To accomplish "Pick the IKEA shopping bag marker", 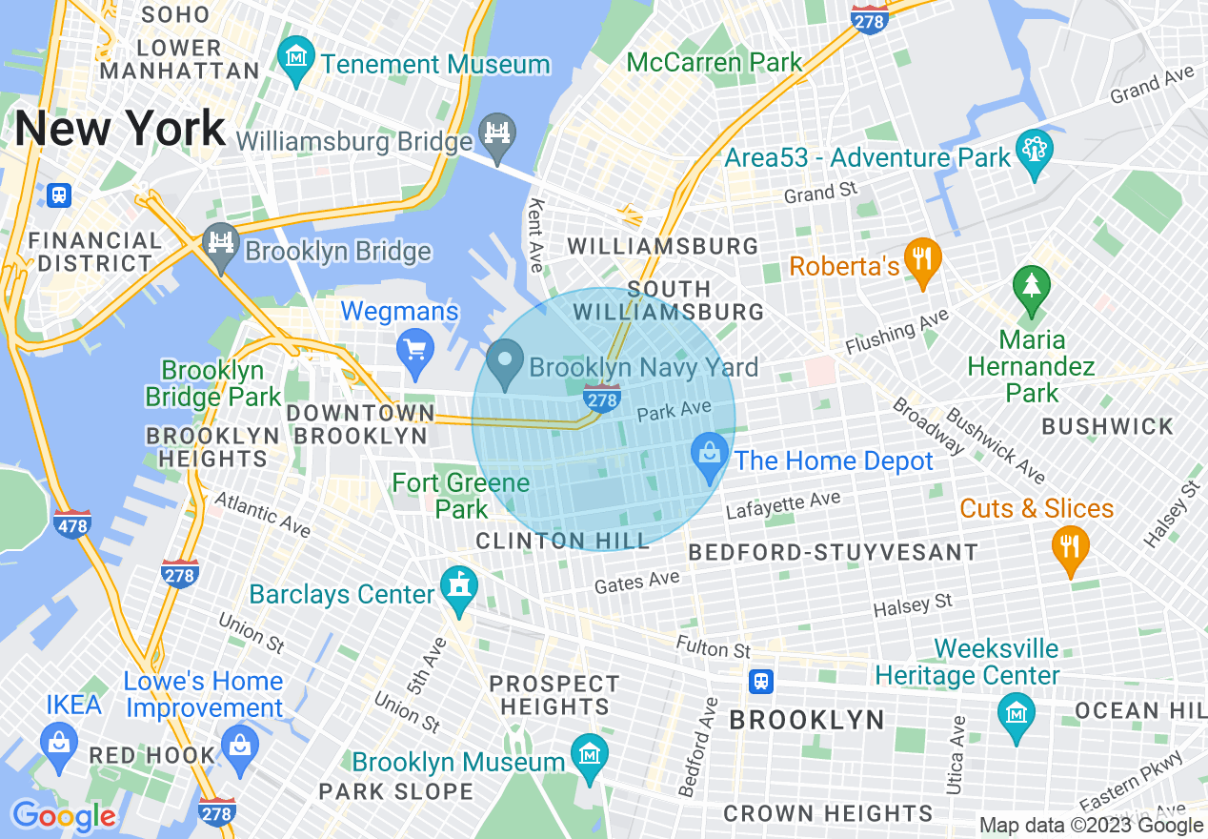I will pyautogui.click(x=59, y=744).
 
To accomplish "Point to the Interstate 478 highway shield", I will pyautogui.click(x=73, y=523).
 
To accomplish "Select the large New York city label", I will pyautogui.click(x=120, y=128).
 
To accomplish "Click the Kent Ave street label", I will pyautogui.click(x=536, y=234).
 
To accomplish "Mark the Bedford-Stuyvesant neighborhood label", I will pyautogui.click(x=833, y=553).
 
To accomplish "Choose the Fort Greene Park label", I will pyautogui.click(x=461, y=496).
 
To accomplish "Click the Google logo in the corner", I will pyautogui.click(x=64, y=816).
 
